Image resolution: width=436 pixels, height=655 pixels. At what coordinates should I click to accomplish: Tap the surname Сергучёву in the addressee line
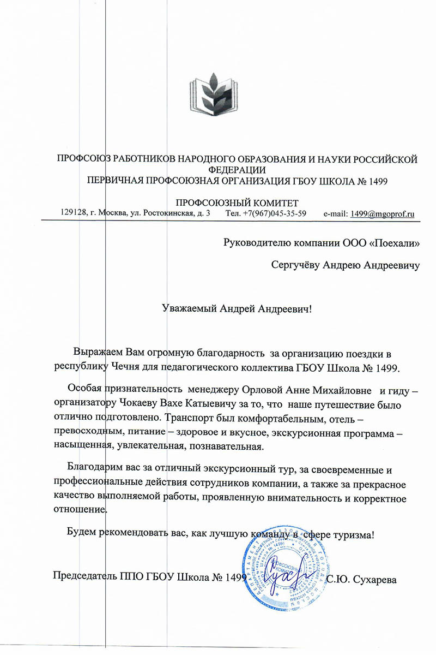295,266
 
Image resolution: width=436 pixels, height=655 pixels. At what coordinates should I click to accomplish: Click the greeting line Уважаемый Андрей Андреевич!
238,309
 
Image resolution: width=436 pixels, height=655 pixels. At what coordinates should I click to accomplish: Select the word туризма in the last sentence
353,534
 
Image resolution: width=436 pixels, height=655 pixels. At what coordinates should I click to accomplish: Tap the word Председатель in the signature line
84,577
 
